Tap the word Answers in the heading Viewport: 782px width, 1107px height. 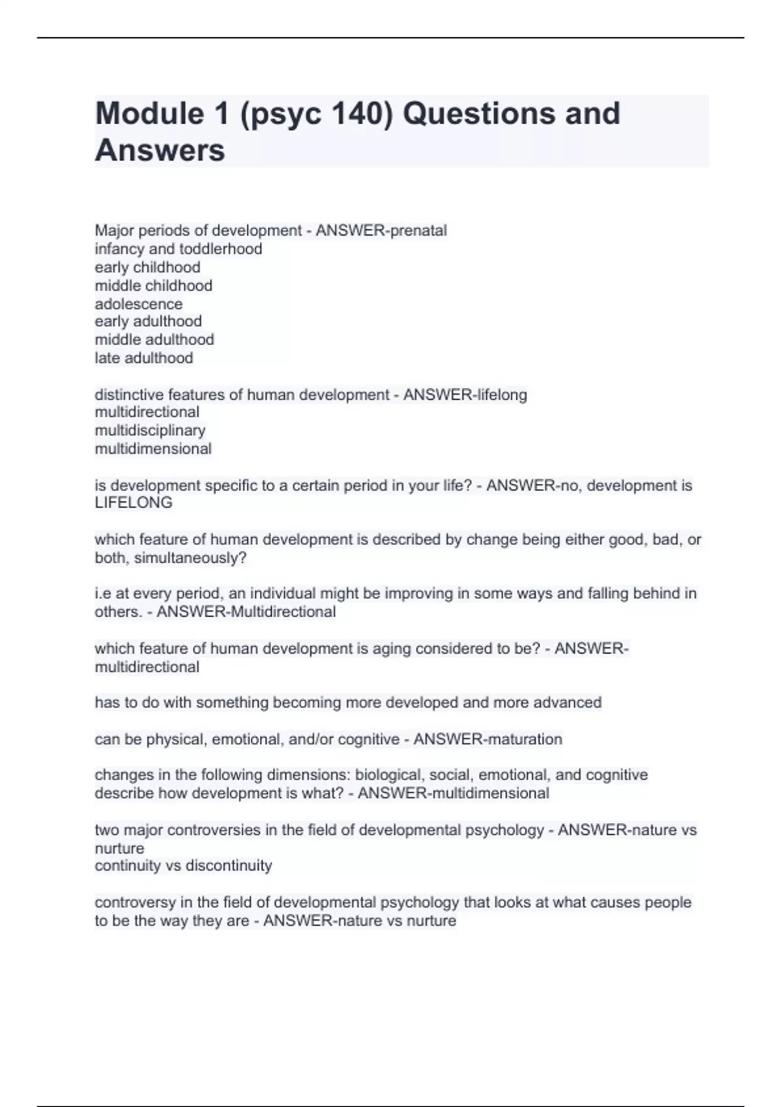click(x=160, y=150)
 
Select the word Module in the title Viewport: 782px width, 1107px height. click(x=149, y=113)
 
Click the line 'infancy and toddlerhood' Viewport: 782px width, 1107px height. click(x=178, y=249)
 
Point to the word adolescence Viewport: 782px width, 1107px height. click(x=138, y=303)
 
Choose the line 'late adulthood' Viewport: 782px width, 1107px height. click(x=143, y=357)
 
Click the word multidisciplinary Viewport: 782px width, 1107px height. click(x=150, y=430)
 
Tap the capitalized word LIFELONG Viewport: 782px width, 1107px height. click(x=134, y=503)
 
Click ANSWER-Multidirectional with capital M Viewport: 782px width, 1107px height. click(x=246, y=611)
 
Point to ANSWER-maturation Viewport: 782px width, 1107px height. click(x=487, y=739)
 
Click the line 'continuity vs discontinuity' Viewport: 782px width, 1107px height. click(x=183, y=865)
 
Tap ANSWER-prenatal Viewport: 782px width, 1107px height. click(x=381, y=231)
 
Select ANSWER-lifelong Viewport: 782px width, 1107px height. click(x=465, y=395)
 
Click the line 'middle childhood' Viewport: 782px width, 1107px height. click(x=153, y=285)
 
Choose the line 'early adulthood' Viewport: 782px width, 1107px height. click(x=148, y=321)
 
